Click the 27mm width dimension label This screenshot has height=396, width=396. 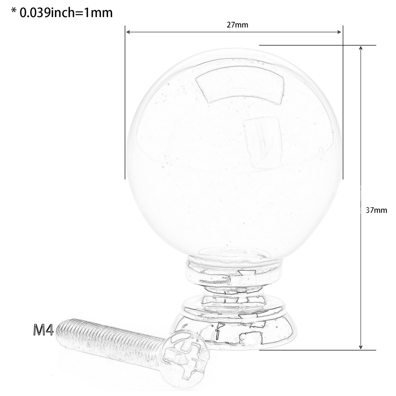pyautogui.click(x=237, y=25)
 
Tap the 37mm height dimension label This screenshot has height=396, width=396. pyautogui.click(x=376, y=210)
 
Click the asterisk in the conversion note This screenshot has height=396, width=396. pyautogui.click(x=14, y=11)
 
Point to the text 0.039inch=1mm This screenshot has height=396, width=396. pyautogui.click(x=66, y=13)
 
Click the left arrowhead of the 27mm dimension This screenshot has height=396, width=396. pyautogui.click(x=128, y=32)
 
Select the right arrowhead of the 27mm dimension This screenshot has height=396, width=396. pyautogui.click(x=339, y=32)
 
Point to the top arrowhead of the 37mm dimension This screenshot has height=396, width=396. pyautogui.click(x=361, y=48)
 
